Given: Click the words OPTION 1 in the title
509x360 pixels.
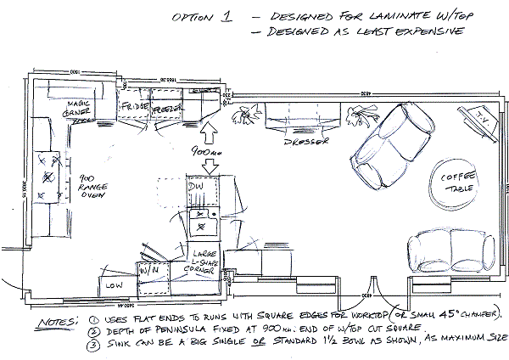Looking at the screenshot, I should click(x=198, y=17).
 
